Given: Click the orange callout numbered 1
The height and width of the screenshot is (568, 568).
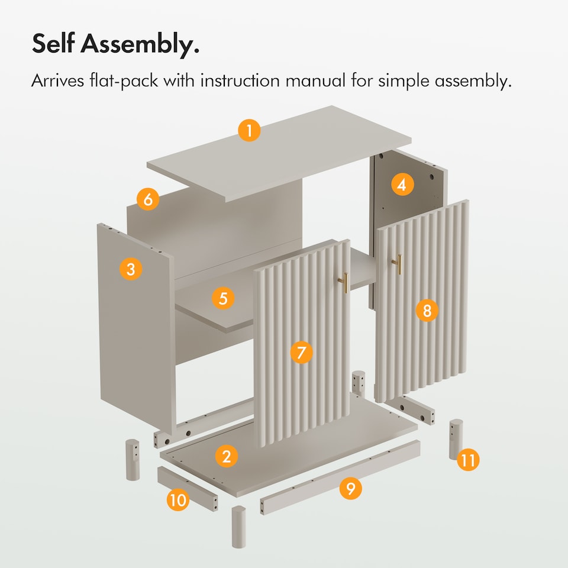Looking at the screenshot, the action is point(249,130).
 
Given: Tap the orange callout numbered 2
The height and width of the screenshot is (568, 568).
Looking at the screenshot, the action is point(227,456).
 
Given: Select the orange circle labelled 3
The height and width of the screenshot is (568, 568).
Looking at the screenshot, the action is point(131,269).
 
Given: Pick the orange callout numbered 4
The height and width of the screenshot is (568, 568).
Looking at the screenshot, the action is point(402,185).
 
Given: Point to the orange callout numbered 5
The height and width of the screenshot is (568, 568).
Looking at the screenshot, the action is point(223,298).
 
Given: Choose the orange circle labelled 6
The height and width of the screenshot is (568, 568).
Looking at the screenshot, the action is point(148,199).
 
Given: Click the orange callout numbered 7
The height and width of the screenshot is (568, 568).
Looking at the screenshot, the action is point(301,352).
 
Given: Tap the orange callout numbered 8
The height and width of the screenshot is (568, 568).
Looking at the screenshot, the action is point(427,311).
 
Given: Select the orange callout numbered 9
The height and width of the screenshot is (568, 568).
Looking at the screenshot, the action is point(351,488).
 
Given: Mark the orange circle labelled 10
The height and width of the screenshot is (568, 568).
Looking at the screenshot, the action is point(178,501).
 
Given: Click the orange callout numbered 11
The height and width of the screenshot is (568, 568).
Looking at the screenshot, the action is point(468,460).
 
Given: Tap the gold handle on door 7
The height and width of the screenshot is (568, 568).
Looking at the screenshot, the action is point(344,283).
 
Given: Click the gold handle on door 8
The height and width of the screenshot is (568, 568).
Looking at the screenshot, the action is point(398,264).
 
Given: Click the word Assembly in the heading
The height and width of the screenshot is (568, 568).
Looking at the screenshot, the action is point(140,44).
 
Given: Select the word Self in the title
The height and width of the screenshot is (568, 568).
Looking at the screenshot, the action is point(53,43).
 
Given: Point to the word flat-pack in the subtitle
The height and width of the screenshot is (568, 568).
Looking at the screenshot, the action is point(124,81).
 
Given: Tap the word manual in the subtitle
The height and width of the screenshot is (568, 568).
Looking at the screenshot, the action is point(316,80).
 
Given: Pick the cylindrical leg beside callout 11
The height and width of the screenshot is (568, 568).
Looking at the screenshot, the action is point(456,440).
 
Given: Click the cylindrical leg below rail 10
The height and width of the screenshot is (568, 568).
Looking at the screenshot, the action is point(238,527).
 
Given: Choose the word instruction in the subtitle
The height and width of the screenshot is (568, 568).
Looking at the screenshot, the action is point(240,80).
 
